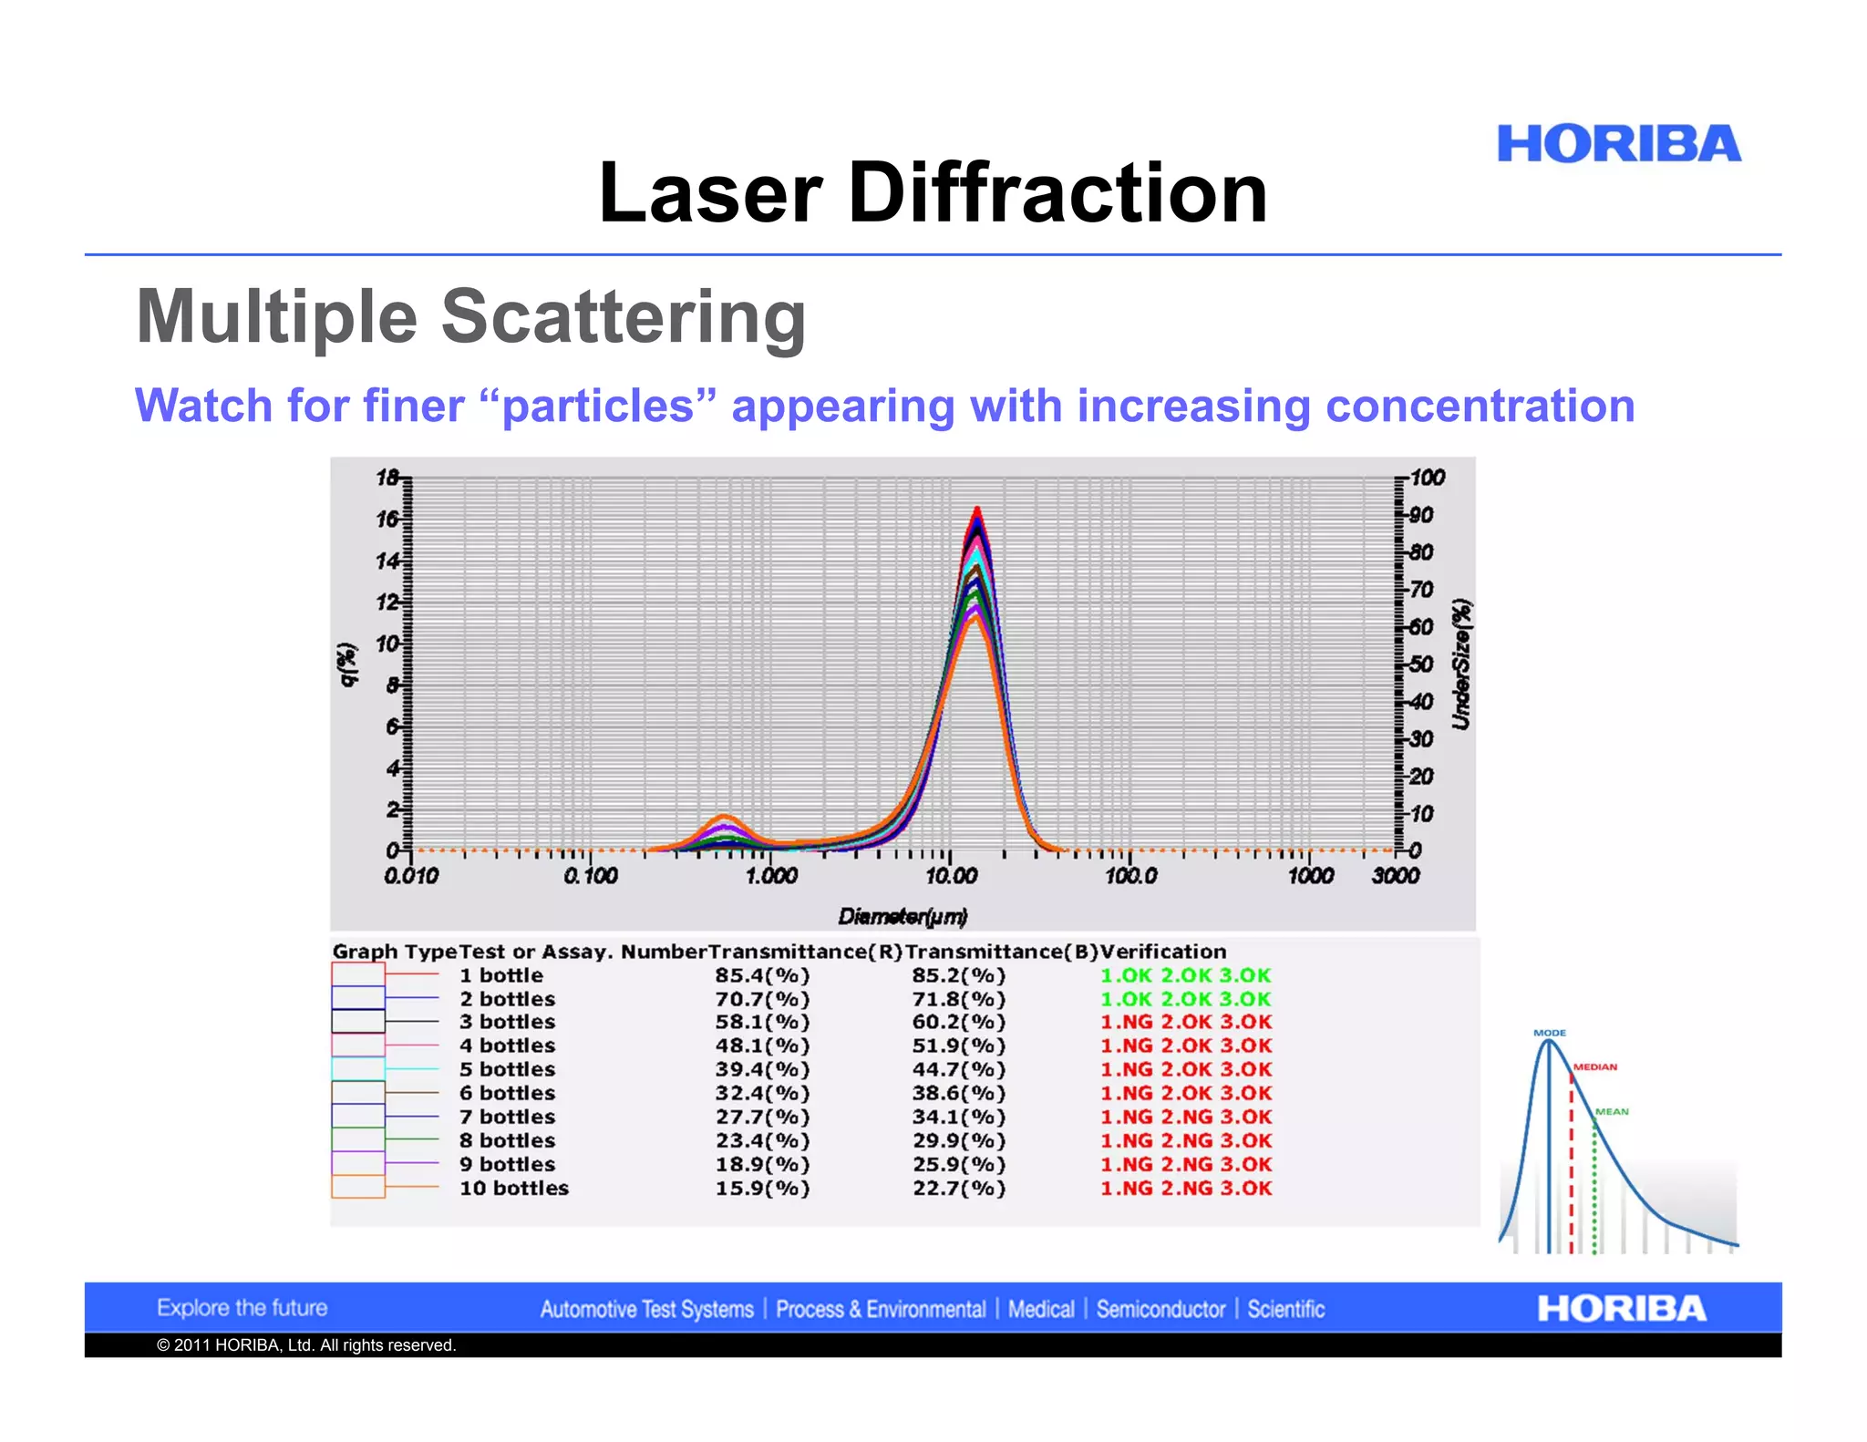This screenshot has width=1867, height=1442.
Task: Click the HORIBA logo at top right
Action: (x=1618, y=145)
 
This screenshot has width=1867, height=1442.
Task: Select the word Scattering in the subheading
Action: (x=624, y=316)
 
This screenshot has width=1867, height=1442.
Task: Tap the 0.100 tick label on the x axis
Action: (x=590, y=876)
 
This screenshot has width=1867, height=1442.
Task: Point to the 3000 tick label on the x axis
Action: (x=1395, y=876)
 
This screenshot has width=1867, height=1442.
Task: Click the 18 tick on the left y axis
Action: (x=387, y=478)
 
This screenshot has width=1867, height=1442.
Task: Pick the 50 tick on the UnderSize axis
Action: (x=1420, y=664)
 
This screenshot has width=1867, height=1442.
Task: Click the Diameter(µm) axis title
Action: (x=903, y=916)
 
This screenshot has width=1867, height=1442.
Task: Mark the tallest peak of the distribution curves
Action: (x=976, y=510)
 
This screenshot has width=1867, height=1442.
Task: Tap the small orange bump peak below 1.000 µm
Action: (x=723, y=817)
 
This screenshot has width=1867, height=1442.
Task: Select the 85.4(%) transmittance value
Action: (x=762, y=975)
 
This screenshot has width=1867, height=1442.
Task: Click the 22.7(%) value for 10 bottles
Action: (x=959, y=1189)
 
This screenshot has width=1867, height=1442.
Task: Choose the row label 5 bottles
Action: (x=507, y=1069)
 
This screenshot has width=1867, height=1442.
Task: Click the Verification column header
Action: (x=1163, y=952)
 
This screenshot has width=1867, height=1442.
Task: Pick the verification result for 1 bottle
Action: (x=1185, y=975)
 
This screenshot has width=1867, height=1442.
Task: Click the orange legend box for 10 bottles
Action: (x=357, y=1187)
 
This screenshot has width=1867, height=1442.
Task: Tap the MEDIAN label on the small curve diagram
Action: (x=1594, y=1066)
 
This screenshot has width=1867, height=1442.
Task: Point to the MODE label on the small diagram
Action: (x=1549, y=1033)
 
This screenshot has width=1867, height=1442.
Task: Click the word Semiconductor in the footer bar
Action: (x=1160, y=1310)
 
